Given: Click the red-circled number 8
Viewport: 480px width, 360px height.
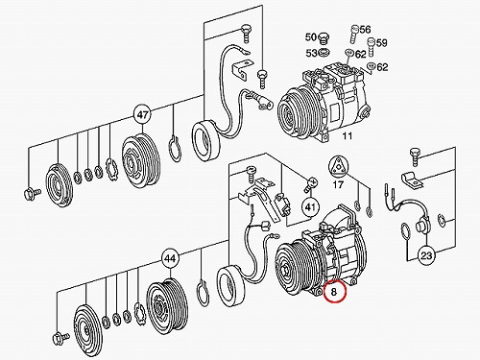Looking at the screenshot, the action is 334,292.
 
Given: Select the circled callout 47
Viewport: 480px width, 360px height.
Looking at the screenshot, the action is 143,114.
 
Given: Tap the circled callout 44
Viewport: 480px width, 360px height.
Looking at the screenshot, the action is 170,258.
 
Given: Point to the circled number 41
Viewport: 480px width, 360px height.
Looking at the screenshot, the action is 310,207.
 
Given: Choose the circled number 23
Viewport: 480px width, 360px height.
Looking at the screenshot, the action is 426,255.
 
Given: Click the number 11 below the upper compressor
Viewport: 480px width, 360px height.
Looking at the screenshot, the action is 348,136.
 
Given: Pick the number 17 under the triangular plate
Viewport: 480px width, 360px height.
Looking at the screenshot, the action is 338,184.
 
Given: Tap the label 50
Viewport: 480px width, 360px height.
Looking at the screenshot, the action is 311,37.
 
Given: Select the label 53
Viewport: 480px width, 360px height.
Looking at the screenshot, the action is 311,53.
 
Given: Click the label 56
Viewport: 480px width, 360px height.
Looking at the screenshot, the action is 365,30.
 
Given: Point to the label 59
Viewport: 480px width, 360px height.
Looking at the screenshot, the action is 381,42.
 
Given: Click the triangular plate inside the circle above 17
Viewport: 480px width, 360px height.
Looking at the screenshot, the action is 338,168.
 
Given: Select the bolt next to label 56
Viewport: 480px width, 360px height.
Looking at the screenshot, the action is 353,35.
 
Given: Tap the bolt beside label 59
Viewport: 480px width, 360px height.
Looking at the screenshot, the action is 371,47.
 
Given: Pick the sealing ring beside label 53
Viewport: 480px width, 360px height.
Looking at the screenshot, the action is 324,53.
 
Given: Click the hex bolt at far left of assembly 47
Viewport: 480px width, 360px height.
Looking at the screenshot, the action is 33,193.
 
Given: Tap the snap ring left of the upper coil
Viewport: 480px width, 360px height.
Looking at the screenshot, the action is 175,149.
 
